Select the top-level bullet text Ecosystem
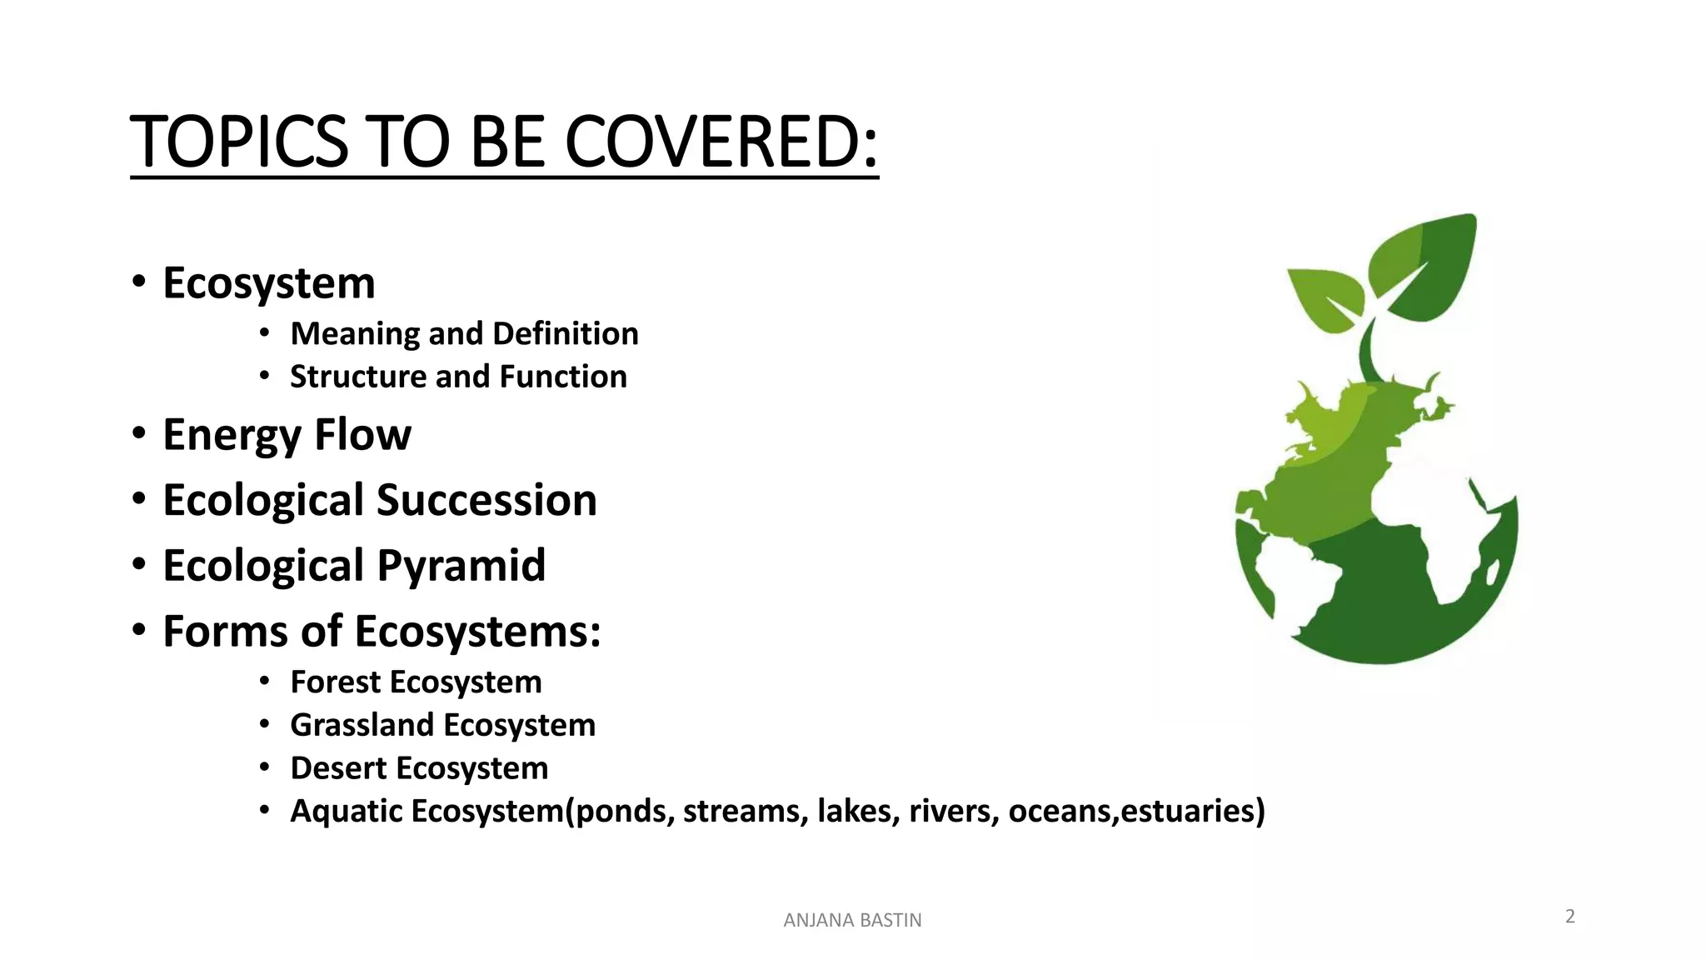coord(268,283)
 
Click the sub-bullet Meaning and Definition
coord(464,334)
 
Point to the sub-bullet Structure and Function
coord(458,377)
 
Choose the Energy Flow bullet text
coord(287,435)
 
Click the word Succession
coord(486,501)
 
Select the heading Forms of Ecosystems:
coord(382,632)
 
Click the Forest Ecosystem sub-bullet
coord(416,682)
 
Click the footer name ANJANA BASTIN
coord(852,921)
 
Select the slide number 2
coord(1570,917)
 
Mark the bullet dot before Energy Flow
coord(139,434)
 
